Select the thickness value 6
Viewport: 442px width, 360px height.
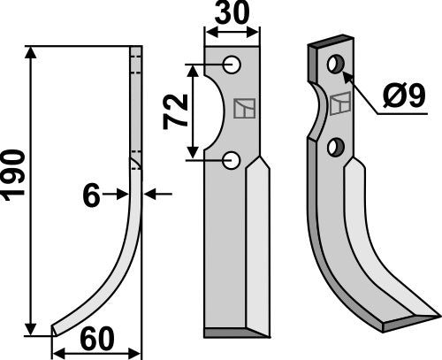pyautogui.click(x=91, y=195)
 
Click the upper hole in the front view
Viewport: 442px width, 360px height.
pyautogui.click(x=232, y=65)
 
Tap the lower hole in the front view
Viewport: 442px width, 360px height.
pyautogui.click(x=232, y=160)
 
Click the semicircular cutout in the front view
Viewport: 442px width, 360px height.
pyautogui.click(x=212, y=112)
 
